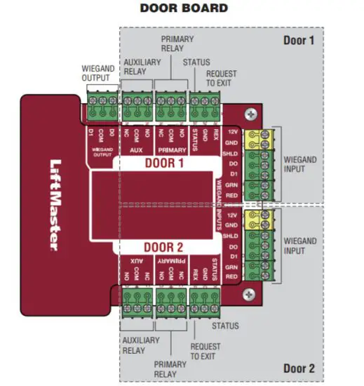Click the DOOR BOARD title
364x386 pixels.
click(x=184, y=8)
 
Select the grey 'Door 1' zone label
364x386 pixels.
click(x=299, y=40)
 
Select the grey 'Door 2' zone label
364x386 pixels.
click(x=299, y=368)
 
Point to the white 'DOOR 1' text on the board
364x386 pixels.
click(x=164, y=163)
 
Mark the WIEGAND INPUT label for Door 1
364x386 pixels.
click(x=299, y=164)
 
